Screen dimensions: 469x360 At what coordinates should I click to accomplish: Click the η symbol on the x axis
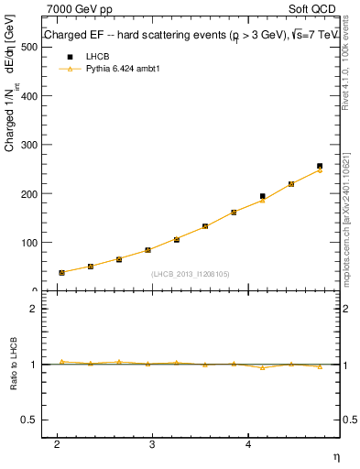tap(335, 455)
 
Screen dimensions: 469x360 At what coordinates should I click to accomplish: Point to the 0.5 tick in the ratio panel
tap(28, 420)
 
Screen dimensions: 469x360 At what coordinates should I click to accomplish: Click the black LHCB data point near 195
tap(263, 196)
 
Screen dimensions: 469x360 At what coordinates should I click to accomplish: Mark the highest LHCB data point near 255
tap(320, 166)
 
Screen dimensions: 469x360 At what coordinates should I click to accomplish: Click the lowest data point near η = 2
tap(61, 272)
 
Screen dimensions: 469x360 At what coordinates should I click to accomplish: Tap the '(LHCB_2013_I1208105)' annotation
tap(191, 273)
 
